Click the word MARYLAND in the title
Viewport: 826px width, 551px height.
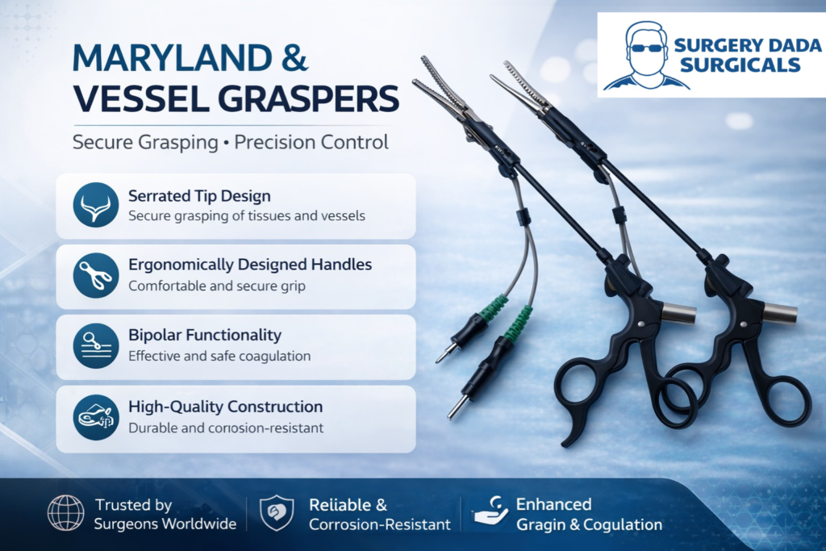(x=173, y=57)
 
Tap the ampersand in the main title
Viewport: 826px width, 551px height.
(x=294, y=57)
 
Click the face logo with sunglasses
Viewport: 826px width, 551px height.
(x=646, y=56)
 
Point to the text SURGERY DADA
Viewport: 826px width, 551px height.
(x=748, y=45)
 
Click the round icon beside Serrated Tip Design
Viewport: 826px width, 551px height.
(x=96, y=206)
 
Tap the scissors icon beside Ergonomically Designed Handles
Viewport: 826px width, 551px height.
(x=96, y=276)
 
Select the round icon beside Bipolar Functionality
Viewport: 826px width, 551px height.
(x=96, y=346)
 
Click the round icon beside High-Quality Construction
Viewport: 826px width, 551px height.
(x=96, y=417)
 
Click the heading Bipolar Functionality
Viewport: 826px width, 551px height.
(x=205, y=335)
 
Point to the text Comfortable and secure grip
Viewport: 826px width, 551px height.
(x=217, y=286)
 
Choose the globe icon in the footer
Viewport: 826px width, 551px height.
(x=66, y=512)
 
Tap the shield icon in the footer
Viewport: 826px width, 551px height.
(x=277, y=513)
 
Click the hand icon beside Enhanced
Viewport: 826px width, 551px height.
(x=488, y=511)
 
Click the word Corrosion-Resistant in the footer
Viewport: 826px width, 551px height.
(x=380, y=524)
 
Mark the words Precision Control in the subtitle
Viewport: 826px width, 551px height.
(x=311, y=142)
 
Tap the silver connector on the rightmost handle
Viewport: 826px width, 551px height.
(x=781, y=315)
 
